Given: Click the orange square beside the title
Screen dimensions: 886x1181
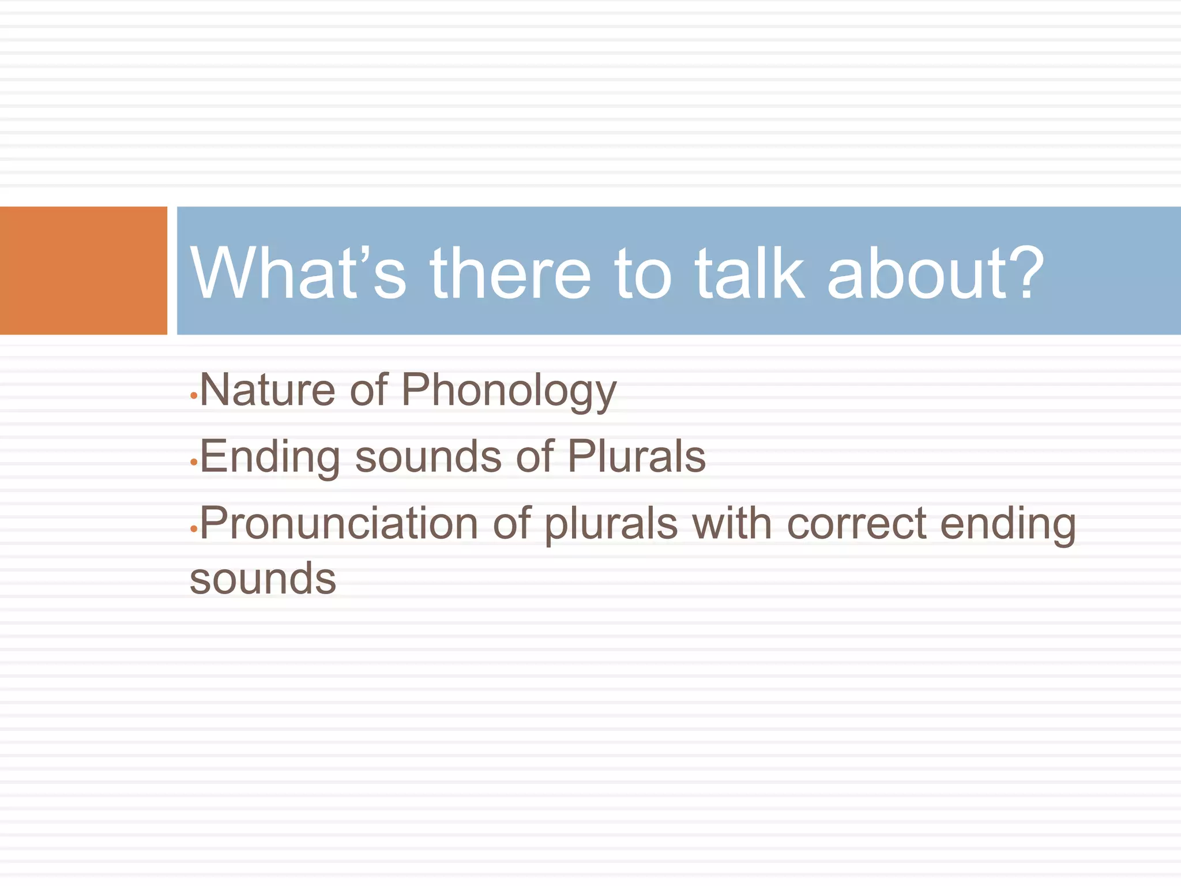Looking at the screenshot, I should (83, 271).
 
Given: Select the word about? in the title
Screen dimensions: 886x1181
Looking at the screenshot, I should (935, 272).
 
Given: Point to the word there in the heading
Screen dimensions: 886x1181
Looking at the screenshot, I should (510, 272).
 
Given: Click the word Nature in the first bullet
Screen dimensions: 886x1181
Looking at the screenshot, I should (267, 390).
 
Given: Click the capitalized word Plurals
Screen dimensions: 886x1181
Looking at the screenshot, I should (636, 456).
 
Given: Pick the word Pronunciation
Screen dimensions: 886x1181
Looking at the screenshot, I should (339, 524).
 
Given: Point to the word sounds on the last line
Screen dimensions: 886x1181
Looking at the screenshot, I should (263, 579).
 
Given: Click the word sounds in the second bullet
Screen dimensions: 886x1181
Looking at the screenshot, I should (428, 456).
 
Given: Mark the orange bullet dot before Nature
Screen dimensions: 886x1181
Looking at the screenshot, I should (194, 396).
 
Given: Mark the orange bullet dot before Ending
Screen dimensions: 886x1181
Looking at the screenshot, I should (194, 463).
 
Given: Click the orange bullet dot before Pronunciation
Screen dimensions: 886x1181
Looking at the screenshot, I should (194, 528).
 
